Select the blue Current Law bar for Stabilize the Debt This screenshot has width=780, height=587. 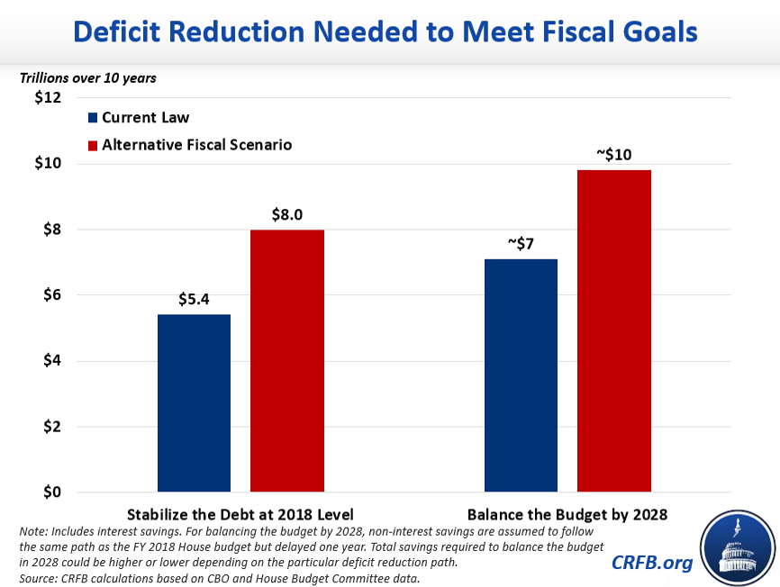194,403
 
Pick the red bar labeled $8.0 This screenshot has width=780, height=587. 286,361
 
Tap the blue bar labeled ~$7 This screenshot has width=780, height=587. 521,375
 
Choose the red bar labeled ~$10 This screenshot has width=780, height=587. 613,331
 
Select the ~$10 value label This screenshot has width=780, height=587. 613,155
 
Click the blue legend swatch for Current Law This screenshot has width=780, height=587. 93,118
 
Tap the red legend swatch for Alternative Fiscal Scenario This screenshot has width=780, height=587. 93,144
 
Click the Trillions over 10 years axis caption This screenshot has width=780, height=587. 88,78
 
